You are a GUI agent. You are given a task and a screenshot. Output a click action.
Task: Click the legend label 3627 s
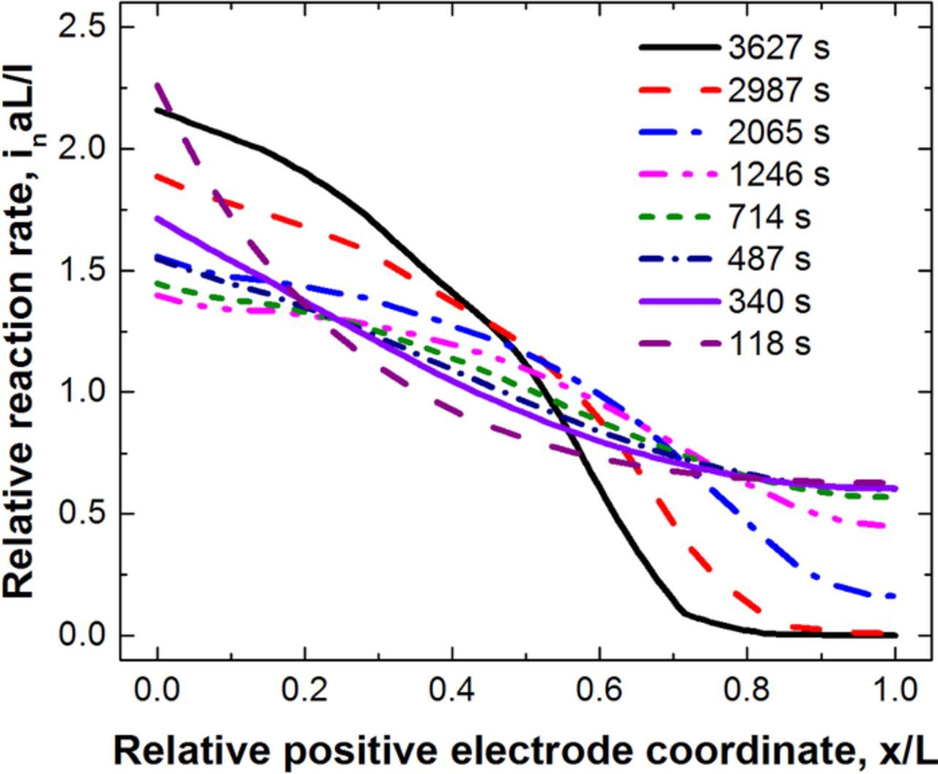tap(778, 48)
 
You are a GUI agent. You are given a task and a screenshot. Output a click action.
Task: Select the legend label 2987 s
tap(778, 91)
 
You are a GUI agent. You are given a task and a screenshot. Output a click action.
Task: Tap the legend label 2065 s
tap(778, 133)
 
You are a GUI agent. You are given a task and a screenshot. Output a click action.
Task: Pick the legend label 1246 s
tap(778, 175)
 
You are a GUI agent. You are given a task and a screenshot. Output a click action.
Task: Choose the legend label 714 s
tap(769, 217)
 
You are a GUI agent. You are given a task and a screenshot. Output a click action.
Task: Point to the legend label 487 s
tap(769, 259)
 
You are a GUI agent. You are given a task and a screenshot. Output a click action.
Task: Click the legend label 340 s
tap(769, 302)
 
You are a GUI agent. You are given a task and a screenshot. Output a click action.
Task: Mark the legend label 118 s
tap(769, 343)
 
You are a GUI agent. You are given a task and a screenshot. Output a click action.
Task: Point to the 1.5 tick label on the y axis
tap(80, 271)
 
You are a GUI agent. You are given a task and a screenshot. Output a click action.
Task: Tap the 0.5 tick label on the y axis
tap(80, 514)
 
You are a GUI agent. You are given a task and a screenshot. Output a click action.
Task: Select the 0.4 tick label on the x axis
tap(452, 690)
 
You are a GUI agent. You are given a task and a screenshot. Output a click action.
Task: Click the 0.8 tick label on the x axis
tap(747, 690)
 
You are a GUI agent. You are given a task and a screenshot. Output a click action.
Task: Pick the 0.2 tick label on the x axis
tap(304, 690)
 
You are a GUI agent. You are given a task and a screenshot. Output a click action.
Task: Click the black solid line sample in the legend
tap(678, 48)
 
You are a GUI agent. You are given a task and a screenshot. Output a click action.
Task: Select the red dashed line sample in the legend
tap(678, 91)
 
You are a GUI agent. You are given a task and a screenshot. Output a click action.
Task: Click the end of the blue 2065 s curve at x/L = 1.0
tap(895, 597)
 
